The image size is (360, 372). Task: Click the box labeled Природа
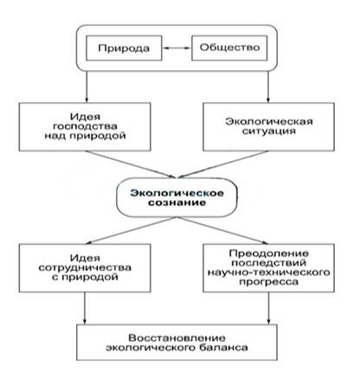pyautogui.click(x=124, y=48)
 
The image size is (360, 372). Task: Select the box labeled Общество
pyautogui.click(x=229, y=48)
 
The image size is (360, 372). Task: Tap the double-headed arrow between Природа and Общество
pyautogui.click(x=177, y=48)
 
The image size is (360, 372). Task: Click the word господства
pyautogui.click(x=85, y=126)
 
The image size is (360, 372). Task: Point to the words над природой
pyautogui.click(x=85, y=136)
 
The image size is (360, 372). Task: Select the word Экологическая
pyautogui.click(x=269, y=121)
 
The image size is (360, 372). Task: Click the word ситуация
pyautogui.click(x=269, y=131)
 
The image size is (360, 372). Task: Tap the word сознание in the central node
pyautogui.click(x=177, y=202)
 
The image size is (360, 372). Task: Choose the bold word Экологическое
pyautogui.click(x=177, y=193)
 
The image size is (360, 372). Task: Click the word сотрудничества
pyautogui.click(x=85, y=267)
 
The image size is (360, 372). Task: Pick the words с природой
pyautogui.click(x=85, y=277)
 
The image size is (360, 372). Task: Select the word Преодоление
pyautogui.click(x=269, y=253)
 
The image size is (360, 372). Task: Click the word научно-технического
pyautogui.click(x=269, y=273)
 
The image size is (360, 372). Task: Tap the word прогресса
pyautogui.click(x=269, y=282)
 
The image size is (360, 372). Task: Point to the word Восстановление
pyautogui.click(x=177, y=337)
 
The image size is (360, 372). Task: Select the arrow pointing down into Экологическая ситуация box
pyautogui.click(x=268, y=87)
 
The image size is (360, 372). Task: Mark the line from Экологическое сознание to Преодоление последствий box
pyautogui.click(x=222, y=230)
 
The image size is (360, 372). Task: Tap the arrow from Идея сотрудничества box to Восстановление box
pyautogui.click(x=85, y=308)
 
